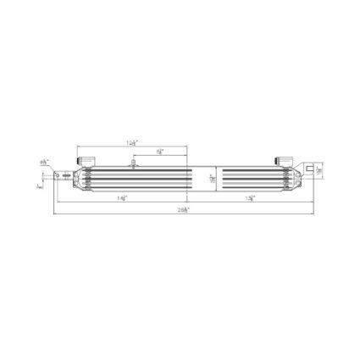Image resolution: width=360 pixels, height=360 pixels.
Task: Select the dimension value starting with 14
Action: tap(124, 197)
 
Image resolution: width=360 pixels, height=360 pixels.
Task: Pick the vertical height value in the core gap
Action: tap(212, 178)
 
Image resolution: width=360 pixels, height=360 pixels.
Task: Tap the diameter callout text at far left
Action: tap(44, 161)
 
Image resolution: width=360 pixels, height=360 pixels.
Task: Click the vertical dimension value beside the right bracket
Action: tap(319, 169)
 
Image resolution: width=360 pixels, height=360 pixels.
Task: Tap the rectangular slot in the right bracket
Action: tap(311, 169)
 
